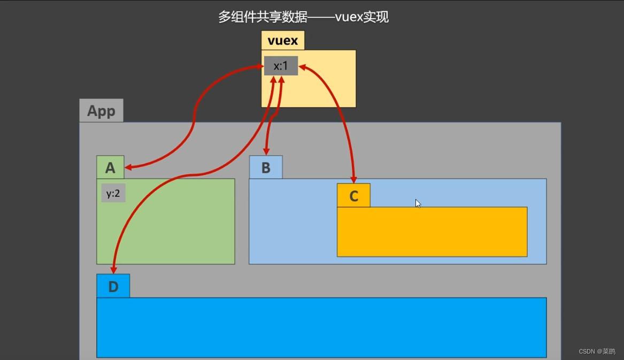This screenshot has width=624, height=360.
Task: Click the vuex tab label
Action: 283,41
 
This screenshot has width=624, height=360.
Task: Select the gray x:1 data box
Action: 281,66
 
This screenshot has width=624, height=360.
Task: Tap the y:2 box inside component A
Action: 113,193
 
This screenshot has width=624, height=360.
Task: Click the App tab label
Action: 101,111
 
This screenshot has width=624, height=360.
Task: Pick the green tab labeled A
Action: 110,167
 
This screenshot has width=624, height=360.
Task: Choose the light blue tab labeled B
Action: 266,167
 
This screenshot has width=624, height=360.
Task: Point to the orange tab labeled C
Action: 353,196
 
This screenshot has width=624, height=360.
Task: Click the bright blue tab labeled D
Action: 113,286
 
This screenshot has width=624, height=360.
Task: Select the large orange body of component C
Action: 432,232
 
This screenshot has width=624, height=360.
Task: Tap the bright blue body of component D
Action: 321,327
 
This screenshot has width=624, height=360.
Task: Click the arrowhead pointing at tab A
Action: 128,168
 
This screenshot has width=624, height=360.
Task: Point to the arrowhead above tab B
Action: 266,152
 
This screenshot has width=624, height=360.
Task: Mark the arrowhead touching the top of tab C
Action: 353,180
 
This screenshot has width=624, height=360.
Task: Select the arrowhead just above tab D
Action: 113,270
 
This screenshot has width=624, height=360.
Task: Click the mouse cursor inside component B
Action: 418,203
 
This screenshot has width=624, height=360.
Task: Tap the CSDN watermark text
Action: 597,351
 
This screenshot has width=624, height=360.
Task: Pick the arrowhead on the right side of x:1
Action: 302,67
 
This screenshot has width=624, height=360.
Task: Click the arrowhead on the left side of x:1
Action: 260,67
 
